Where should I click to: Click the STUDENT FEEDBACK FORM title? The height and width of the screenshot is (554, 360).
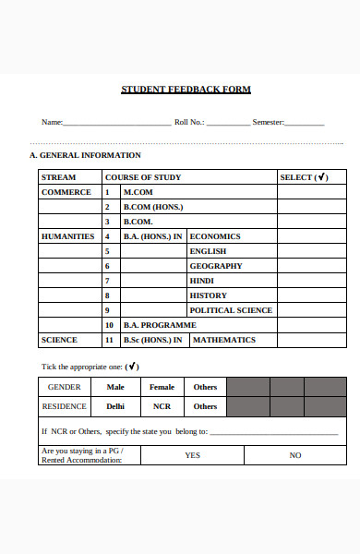point(186,90)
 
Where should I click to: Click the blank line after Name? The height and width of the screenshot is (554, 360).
point(117,123)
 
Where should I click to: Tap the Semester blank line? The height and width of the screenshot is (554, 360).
point(305,123)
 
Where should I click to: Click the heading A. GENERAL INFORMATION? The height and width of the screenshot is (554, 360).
point(85,155)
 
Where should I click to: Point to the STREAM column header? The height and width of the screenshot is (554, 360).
point(59,177)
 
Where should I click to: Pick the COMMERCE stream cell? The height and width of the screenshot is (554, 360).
point(66,192)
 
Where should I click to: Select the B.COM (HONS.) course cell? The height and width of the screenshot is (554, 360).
point(153,207)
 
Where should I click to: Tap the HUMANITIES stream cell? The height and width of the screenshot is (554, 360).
point(68,236)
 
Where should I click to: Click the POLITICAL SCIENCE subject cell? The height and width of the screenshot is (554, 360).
point(231,310)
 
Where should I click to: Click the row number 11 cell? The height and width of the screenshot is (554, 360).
point(109,340)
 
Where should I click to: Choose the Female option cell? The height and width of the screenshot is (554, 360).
point(162,387)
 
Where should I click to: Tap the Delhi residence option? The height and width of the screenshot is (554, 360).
point(115,406)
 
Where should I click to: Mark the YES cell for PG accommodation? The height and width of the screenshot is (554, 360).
point(192,455)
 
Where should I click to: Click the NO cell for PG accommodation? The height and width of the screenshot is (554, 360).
point(295,455)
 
